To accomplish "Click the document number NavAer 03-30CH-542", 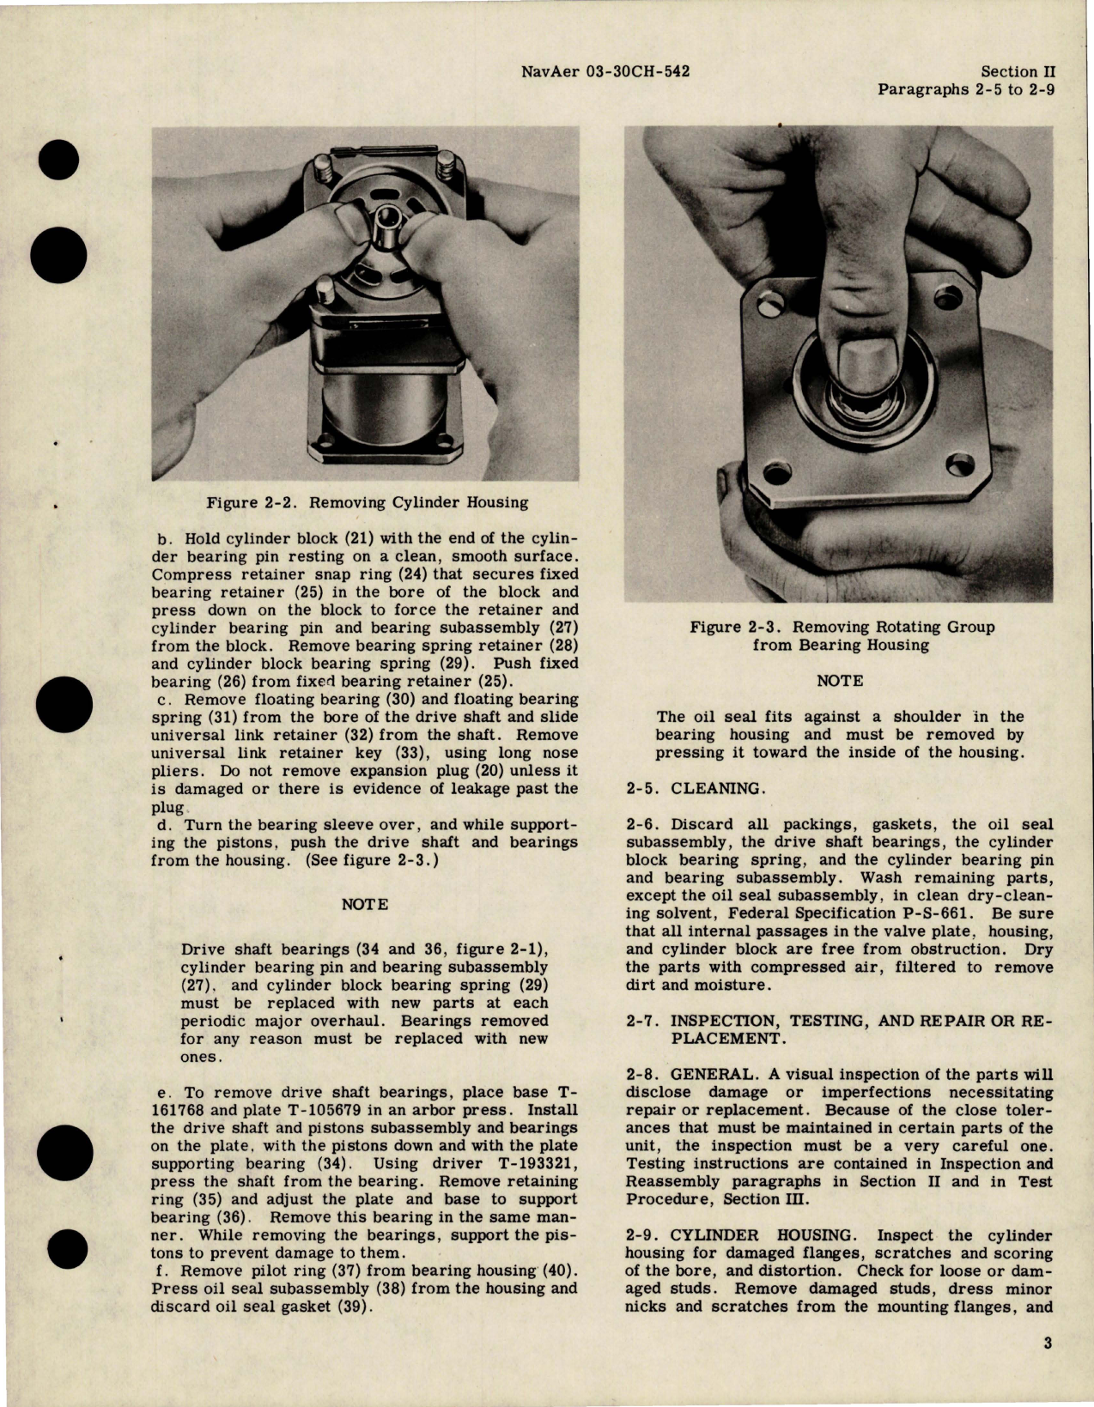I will pyautogui.click(x=608, y=73).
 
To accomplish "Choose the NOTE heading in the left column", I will pyautogui.click(x=365, y=905).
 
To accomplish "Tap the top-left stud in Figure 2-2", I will pyautogui.click(x=320, y=161).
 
